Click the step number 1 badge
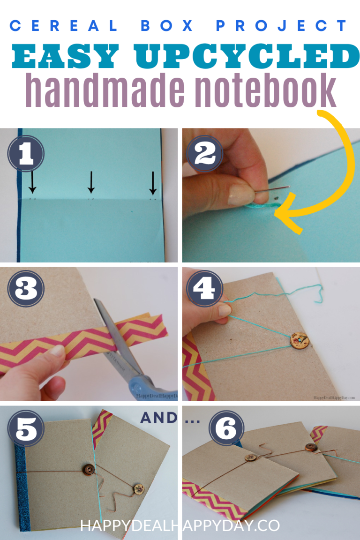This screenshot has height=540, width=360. point(26,154)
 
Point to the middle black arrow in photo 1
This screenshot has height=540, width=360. point(91,182)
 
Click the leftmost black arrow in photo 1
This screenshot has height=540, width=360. point(32,182)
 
